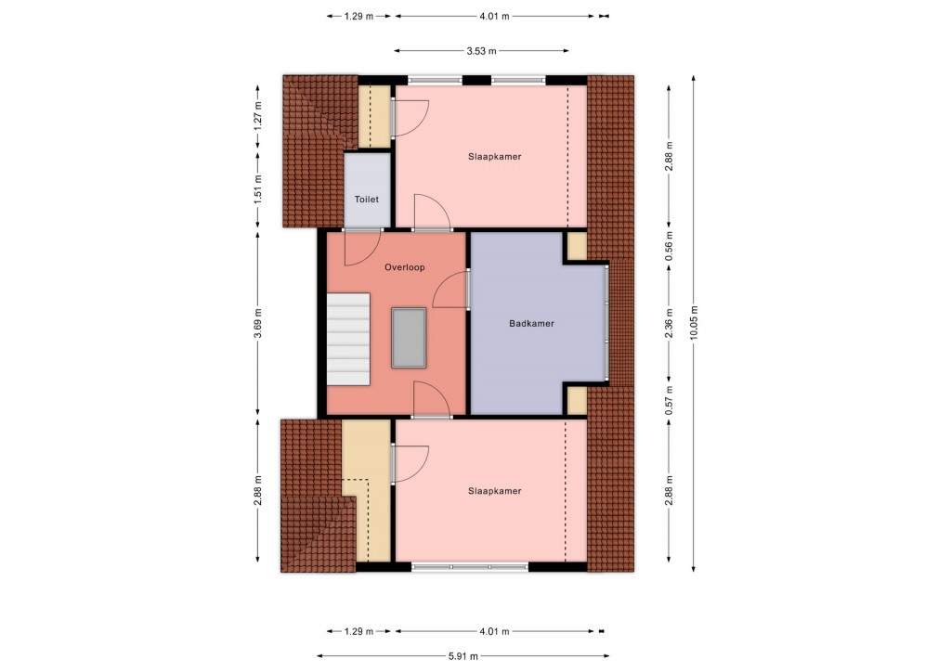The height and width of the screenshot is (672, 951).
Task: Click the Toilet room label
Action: (366, 200)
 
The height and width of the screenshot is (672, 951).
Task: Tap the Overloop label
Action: (405, 267)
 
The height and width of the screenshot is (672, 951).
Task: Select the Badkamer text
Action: (531, 324)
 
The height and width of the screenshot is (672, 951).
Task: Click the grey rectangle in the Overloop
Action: (409, 338)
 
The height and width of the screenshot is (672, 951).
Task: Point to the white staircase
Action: (348, 339)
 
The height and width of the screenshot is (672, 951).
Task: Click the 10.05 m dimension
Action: (694, 322)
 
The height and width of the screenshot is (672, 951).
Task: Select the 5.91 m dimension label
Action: (463, 655)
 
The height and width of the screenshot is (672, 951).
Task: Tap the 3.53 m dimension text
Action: (482, 51)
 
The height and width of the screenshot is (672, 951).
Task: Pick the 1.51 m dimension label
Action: (258, 189)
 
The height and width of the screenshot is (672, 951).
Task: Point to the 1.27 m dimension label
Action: (258, 114)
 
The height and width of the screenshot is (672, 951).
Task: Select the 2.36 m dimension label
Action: (669, 323)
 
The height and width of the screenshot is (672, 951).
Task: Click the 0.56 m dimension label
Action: (669, 247)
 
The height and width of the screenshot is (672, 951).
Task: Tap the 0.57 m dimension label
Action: (669, 401)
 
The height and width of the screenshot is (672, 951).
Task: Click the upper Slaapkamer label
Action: (494, 156)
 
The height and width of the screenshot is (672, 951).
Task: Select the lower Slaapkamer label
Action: (494, 491)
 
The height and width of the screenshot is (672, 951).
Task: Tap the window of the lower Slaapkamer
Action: (470, 567)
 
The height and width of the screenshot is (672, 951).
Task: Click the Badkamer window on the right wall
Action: (606, 322)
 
